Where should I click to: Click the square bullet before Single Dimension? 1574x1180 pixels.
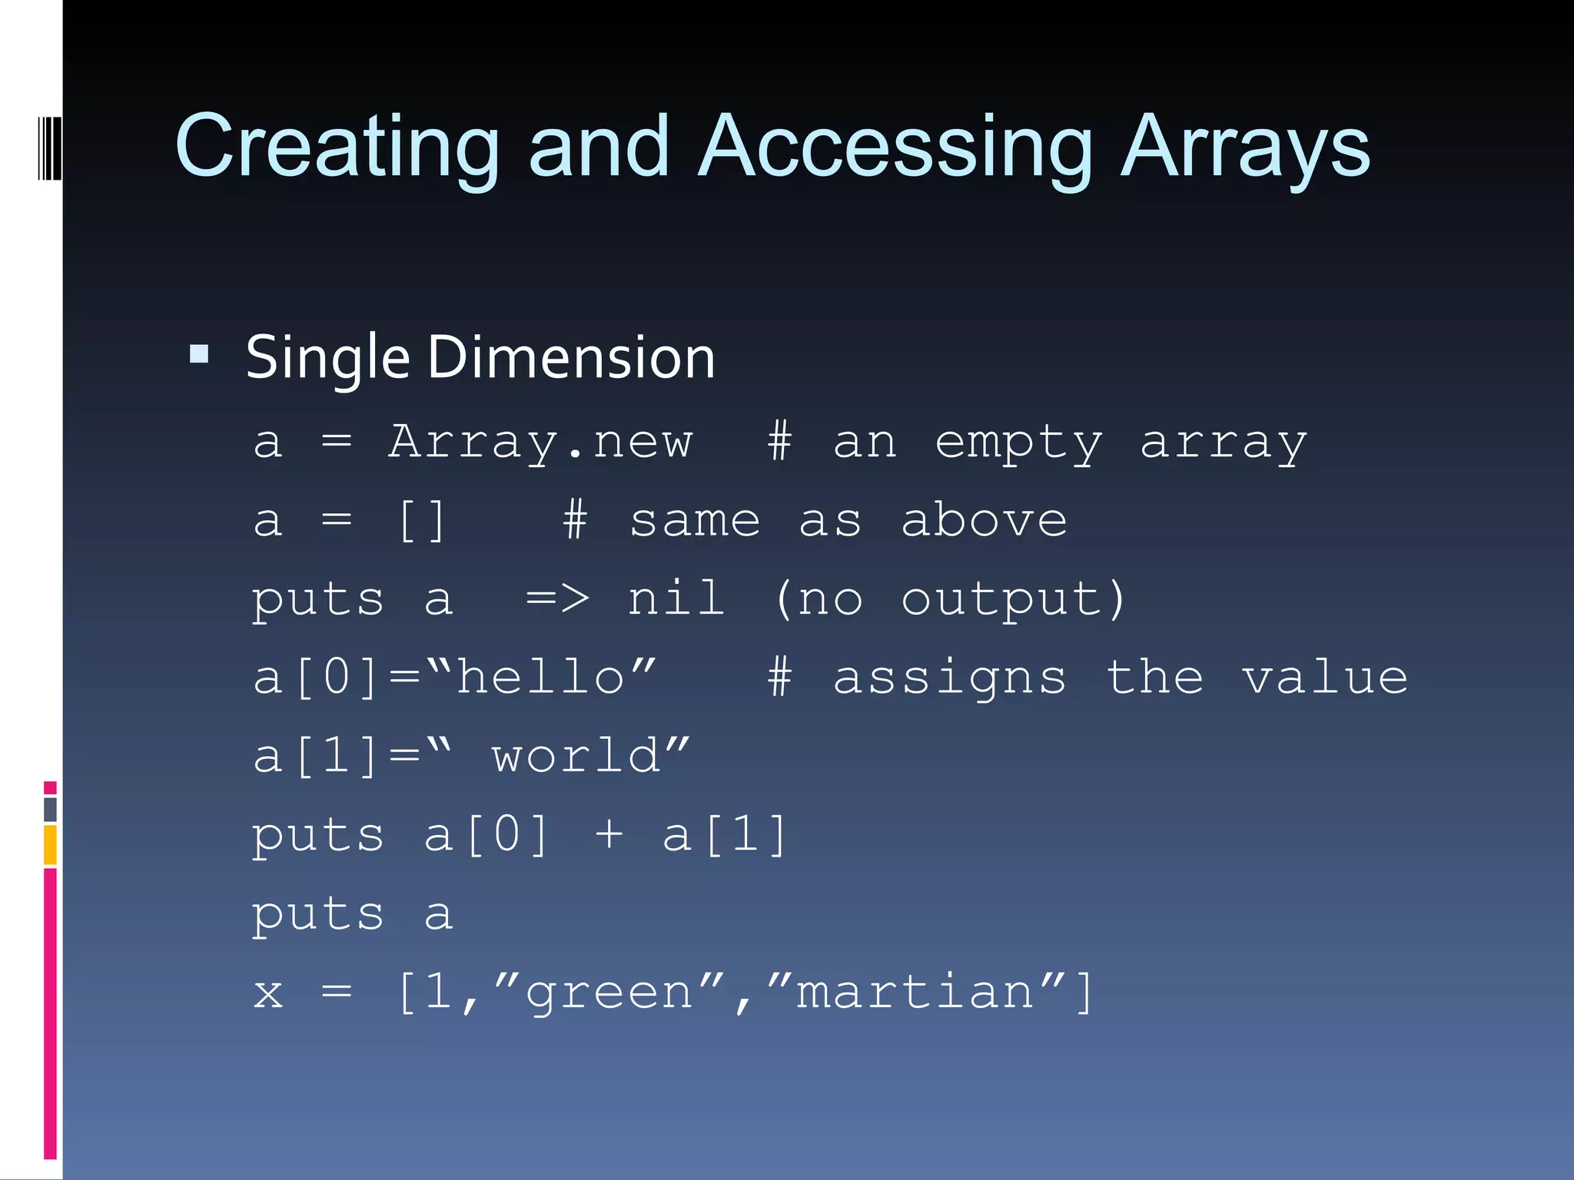coord(199,354)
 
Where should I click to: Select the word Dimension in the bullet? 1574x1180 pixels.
coord(571,358)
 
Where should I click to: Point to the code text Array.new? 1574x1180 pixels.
coord(540,442)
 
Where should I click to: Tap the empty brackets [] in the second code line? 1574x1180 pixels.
coord(421,521)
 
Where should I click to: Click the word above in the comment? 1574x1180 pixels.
coord(984,521)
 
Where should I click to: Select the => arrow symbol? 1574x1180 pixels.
coord(557,599)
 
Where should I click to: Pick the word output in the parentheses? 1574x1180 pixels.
coord(1002,599)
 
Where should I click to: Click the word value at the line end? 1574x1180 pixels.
coord(1325,678)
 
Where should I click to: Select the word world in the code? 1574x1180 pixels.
coord(576,756)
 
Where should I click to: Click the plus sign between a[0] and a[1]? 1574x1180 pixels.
coord(609,835)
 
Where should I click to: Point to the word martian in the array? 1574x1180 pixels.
coord(915,992)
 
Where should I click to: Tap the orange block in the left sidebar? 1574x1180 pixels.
coord(50,844)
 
